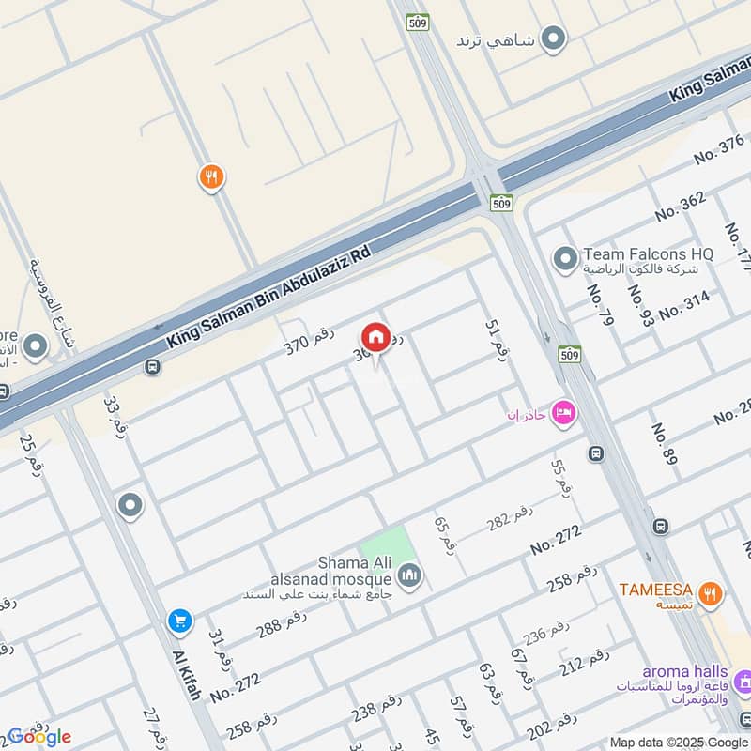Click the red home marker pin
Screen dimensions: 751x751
tap(375, 337)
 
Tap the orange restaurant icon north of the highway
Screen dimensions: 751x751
tap(211, 176)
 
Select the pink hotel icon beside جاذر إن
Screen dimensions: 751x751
tap(563, 412)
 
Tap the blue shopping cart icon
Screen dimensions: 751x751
tap(179, 621)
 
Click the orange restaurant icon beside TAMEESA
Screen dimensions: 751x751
tap(711, 592)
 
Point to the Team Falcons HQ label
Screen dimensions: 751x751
tap(648, 253)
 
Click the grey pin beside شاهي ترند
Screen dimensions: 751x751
tap(555, 38)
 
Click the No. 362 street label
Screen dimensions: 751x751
tap(680, 206)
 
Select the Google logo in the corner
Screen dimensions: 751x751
tap(38, 736)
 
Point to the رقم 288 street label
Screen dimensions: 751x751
tap(281, 622)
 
